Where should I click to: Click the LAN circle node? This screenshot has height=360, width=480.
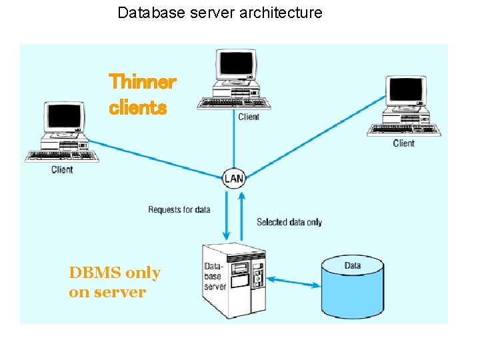[x=234, y=178]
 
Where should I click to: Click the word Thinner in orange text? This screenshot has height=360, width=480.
[x=142, y=82]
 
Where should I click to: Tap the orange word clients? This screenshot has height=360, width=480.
[x=137, y=107]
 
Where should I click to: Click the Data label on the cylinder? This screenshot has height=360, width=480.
[x=353, y=265]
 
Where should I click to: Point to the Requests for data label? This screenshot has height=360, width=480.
[x=179, y=209]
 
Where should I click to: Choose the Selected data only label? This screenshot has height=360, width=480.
[x=289, y=222]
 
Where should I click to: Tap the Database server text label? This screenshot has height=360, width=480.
[x=215, y=277]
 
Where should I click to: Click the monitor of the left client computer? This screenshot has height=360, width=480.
[x=63, y=118]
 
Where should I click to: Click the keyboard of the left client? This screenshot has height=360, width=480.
[x=61, y=157]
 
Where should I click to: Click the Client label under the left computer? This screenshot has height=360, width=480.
[x=62, y=169]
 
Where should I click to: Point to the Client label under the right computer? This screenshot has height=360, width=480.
[x=403, y=143]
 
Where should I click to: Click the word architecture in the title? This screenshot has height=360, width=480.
[x=285, y=12]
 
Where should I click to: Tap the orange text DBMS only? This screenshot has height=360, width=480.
[x=114, y=273]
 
